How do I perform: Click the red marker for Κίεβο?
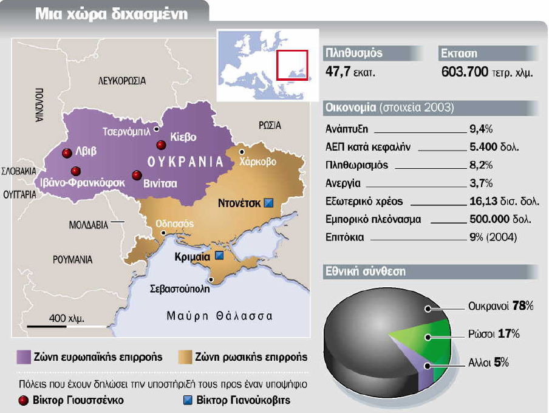161,145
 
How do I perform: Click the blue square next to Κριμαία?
219,257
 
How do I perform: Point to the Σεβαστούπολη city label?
179,289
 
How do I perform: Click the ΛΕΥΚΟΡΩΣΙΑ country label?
122,80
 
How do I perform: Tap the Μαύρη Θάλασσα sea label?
219,316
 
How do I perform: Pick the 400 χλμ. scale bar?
55,326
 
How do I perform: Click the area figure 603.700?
464,72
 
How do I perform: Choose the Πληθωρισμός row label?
356,165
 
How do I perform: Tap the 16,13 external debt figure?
484,201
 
